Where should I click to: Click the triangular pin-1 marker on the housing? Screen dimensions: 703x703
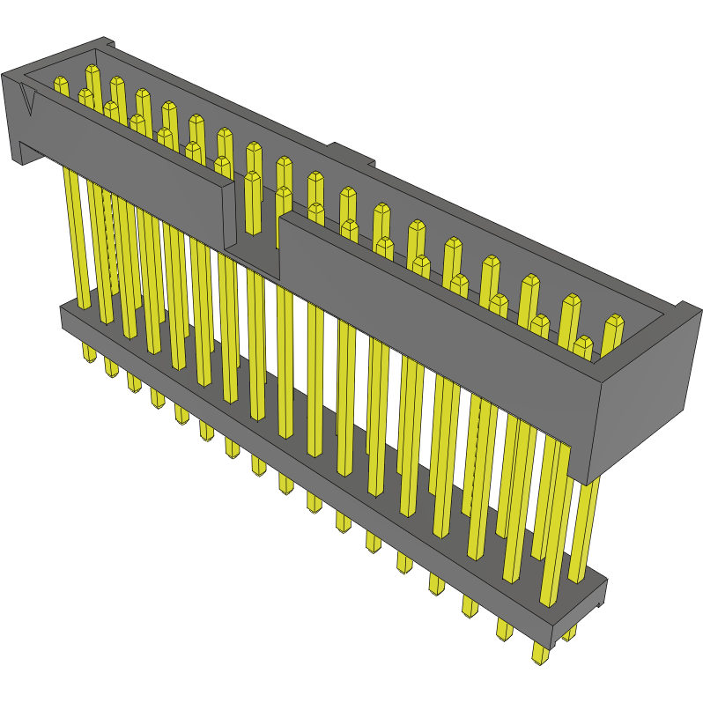pyautogui.click(x=29, y=101)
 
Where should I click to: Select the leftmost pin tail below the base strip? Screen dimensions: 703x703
pyautogui.click(x=89, y=352)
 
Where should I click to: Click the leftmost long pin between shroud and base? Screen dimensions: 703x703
pyautogui.click(x=78, y=238)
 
